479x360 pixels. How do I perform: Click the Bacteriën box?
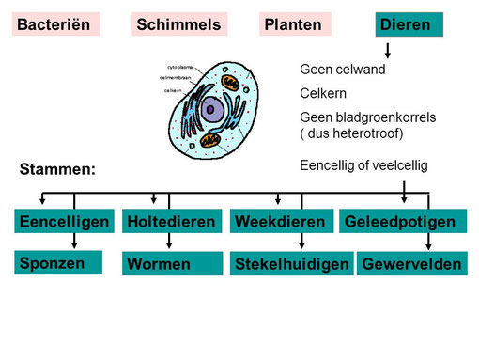[57, 24]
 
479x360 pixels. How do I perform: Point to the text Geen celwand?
[342, 70]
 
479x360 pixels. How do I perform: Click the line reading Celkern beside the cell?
[324, 93]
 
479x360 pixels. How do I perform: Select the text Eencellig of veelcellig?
[363, 164]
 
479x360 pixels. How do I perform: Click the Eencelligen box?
[66, 222]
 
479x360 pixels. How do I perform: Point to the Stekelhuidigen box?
[291, 264]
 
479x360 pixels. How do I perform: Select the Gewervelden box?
[411, 264]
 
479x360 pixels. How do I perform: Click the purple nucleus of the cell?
[212, 111]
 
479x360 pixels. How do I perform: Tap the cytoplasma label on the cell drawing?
[182, 67]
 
